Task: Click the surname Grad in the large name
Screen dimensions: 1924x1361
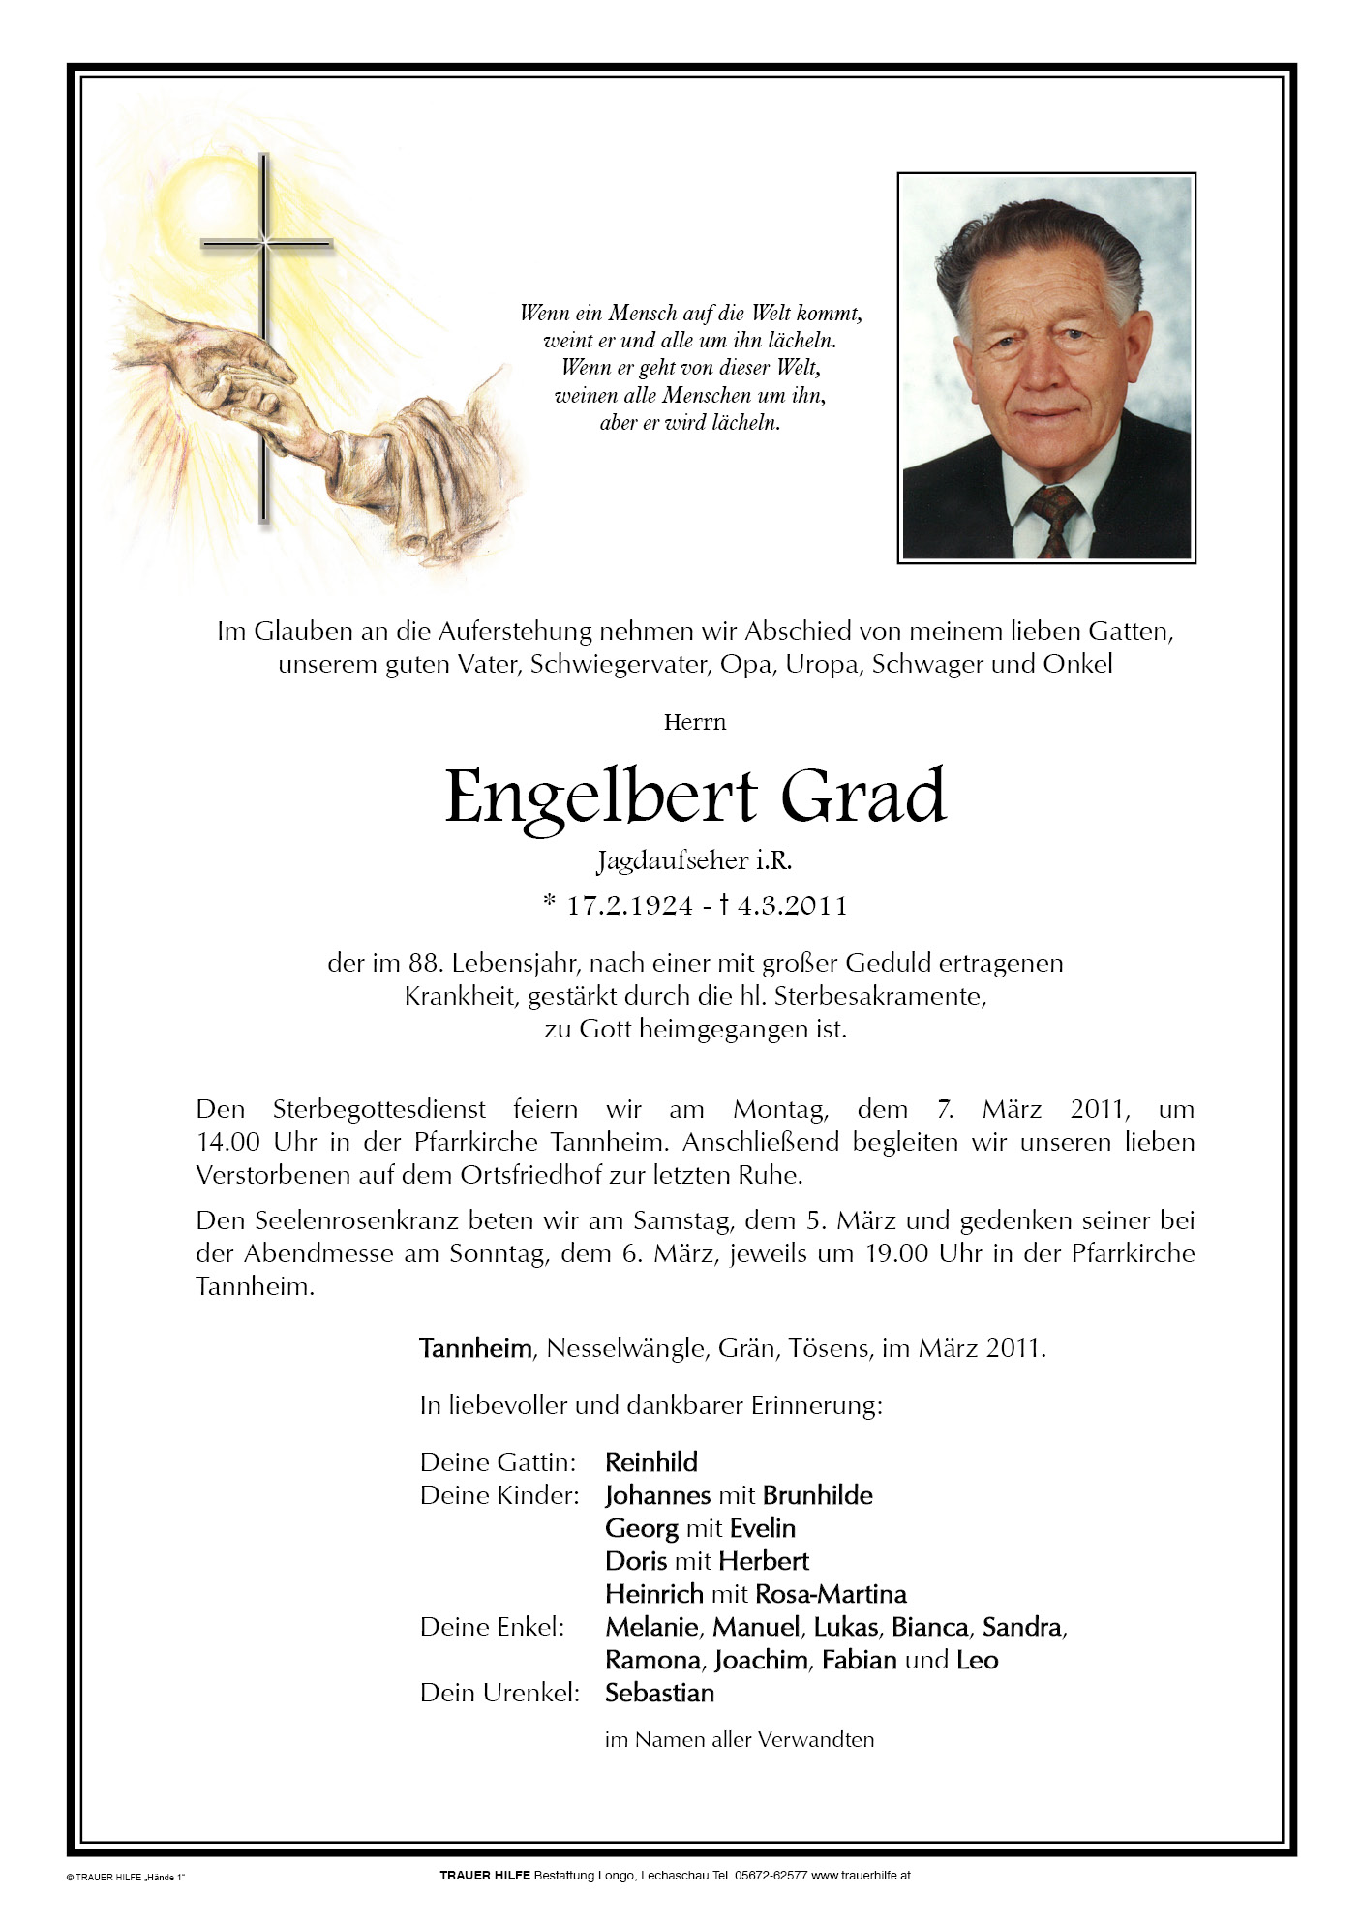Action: click(x=862, y=797)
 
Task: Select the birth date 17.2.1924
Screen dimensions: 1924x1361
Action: click(x=629, y=906)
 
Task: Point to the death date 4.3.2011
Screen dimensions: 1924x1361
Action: click(x=792, y=906)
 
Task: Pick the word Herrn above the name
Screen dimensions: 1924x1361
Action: click(x=694, y=722)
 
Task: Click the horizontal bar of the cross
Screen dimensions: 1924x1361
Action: click(x=266, y=243)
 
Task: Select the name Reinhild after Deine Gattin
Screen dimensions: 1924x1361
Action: click(x=650, y=1462)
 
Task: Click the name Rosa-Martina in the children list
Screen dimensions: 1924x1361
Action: click(x=831, y=1594)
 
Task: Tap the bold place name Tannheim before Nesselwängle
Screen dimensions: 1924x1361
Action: click(x=475, y=1348)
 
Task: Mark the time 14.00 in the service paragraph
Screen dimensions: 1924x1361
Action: click(x=228, y=1142)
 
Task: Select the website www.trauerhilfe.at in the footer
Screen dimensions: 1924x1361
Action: click(x=861, y=1875)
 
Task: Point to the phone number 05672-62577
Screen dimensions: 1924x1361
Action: click(x=771, y=1875)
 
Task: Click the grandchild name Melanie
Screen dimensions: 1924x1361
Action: click(x=651, y=1627)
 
